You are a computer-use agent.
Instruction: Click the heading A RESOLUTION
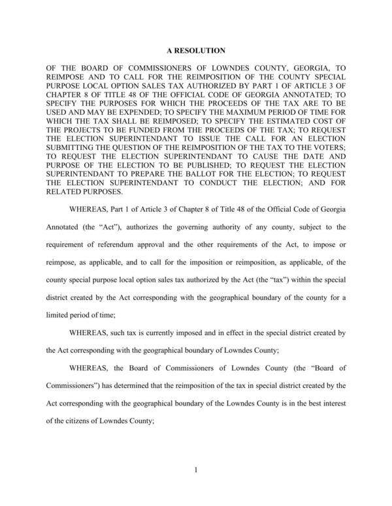pyautogui.click(x=196, y=50)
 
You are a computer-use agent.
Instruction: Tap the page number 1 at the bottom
pyautogui.click(x=196, y=468)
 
